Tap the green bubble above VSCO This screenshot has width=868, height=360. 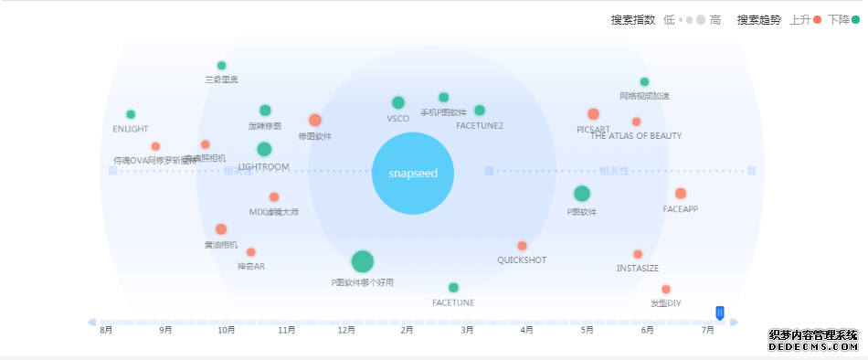coord(397,102)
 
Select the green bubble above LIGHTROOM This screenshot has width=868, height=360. coord(264,149)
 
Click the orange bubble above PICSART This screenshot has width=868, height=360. coord(593,114)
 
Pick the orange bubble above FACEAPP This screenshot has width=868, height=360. coord(681,193)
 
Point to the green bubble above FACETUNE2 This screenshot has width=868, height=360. coord(480,111)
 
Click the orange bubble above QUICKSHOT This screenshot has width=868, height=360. coord(522,246)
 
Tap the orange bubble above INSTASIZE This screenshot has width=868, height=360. coord(638,254)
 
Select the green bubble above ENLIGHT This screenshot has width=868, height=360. coord(131,114)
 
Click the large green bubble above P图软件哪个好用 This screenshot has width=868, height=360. coord(362,261)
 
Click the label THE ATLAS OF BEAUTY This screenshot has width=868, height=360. coord(636,136)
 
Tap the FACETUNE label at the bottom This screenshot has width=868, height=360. coord(453,302)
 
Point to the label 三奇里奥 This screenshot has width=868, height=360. coord(221,79)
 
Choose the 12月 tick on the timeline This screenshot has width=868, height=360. coord(346,330)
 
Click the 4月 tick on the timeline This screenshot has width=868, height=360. coord(526,330)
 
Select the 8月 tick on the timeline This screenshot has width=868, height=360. coord(106,330)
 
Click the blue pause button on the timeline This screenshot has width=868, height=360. coord(720,313)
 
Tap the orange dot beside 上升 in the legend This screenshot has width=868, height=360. coord(817,20)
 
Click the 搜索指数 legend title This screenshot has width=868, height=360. coord(632,20)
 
